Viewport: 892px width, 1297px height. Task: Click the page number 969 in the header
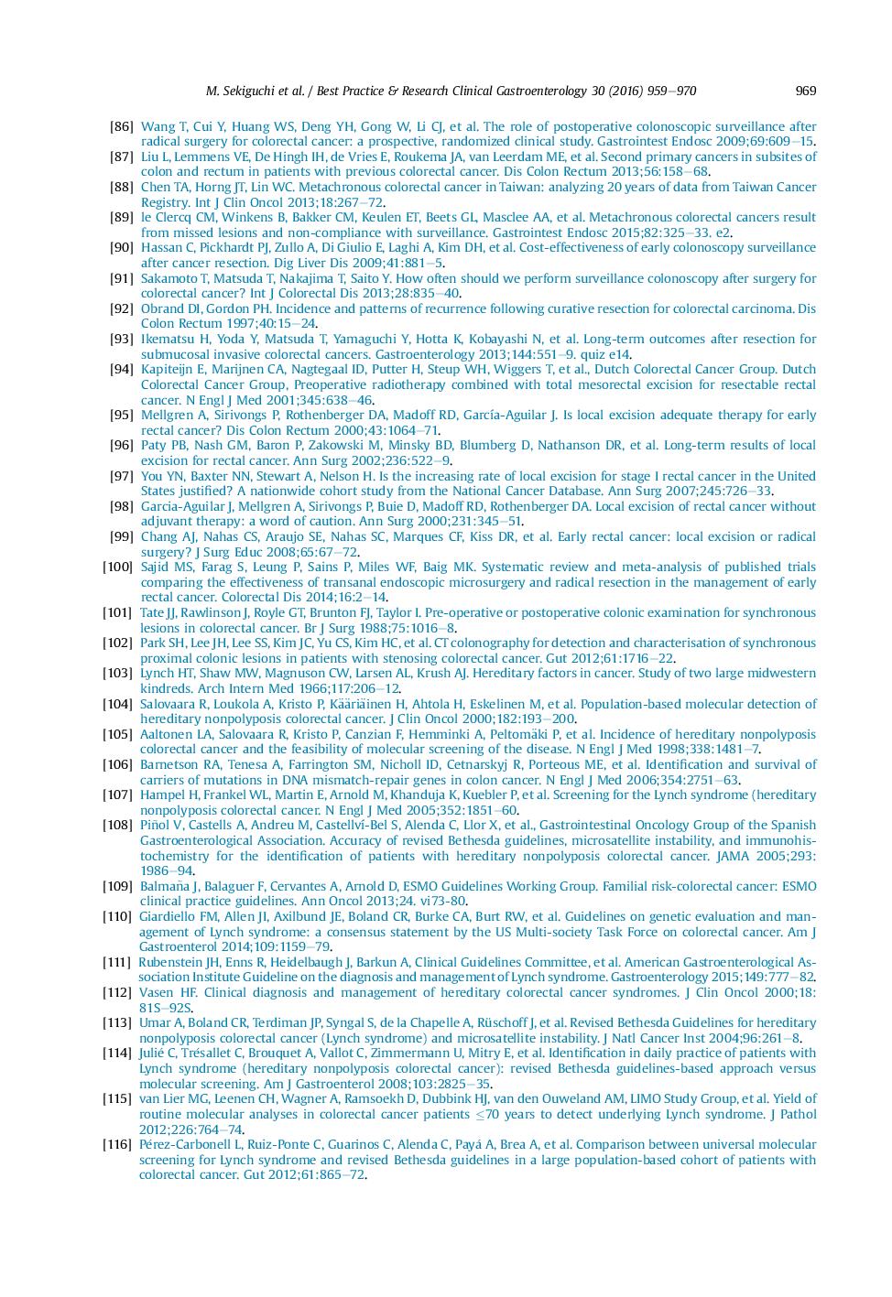coord(805,91)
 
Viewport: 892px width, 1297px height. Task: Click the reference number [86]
coord(121,126)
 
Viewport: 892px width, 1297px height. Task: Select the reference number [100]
coord(117,567)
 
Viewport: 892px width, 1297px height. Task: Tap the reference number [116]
coord(117,1144)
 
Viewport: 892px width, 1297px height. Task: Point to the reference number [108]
coord(117,825)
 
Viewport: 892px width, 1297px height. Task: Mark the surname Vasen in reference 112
coord(156,992)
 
